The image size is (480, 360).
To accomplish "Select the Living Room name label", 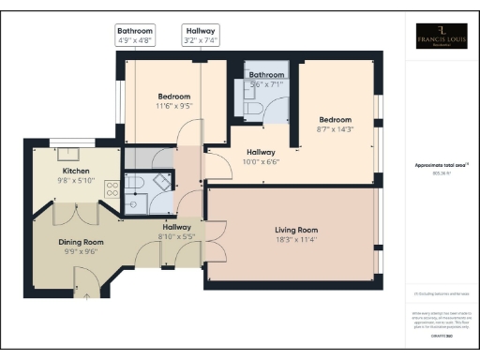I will pyautogui.click(x=296, y=230).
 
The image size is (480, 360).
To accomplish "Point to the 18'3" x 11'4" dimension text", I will pyautogui.click(x=296, y=239).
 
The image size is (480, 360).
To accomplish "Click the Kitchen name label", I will pyautogui.click(x=76, y=172).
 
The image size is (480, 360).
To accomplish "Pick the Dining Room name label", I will pyautogui.click(x=78, y=242).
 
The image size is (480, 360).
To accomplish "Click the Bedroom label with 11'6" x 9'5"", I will pyautogui.click(x=174, y=97).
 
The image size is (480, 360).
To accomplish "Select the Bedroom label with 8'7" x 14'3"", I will pyautogui.click(x=335, y=120).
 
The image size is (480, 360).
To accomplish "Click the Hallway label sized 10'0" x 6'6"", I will pyautogui.click(x=261, y=152).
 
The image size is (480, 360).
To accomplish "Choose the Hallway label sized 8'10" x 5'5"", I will pyautogui.click(x=177, y=227).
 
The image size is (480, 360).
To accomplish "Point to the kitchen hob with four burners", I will pyautogui.click(x=112, y=187).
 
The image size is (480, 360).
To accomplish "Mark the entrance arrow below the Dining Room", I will pyautogui.click(x=86, y=296).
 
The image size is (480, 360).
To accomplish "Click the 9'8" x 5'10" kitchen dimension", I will pyautogui.click(x=76, y=181).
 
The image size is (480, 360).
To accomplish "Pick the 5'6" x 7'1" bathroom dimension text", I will pyautogui.click(x=266, y=84).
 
